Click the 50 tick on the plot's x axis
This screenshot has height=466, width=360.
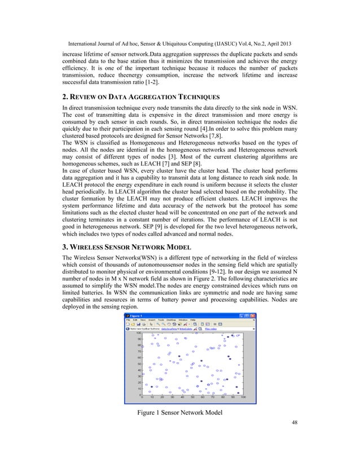tap(192, 397)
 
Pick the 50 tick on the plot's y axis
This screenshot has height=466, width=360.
tap(138, 364)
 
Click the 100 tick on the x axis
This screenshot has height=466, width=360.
tap(243, 397)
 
